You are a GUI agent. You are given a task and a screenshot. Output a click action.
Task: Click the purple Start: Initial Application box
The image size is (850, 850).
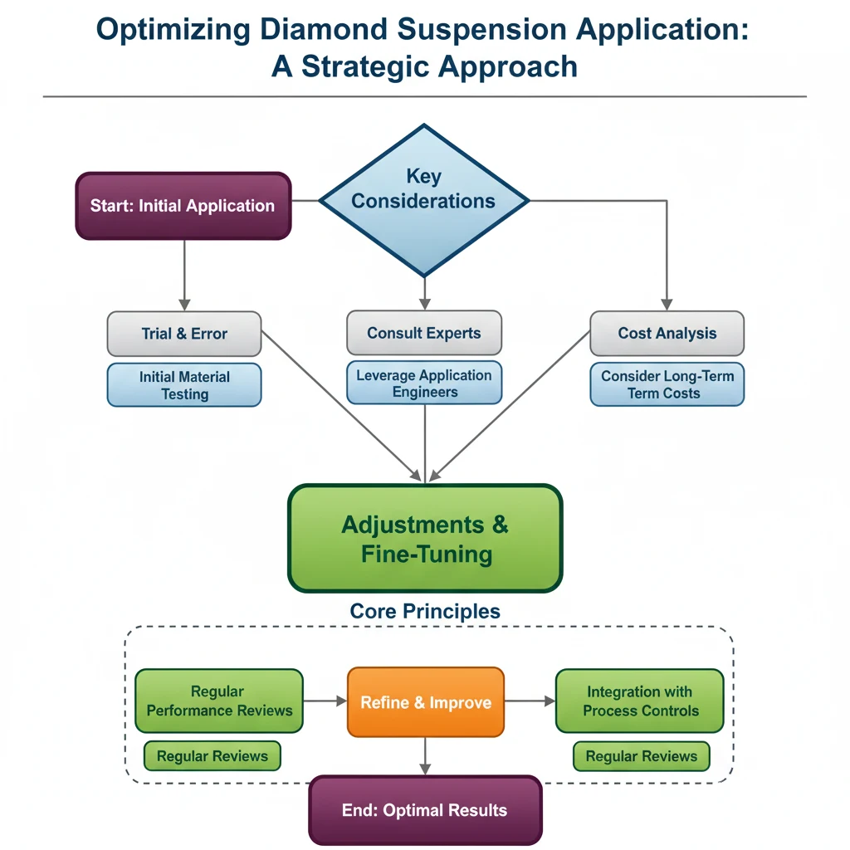183,206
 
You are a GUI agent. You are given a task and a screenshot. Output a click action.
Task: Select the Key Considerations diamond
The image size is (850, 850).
424,200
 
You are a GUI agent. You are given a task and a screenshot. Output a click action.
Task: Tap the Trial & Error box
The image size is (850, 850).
184,334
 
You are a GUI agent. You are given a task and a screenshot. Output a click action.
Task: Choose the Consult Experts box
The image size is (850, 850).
424,333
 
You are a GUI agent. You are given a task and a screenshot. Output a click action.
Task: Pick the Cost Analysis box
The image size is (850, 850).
667,334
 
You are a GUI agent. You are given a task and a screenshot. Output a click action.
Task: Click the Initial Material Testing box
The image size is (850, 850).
184,385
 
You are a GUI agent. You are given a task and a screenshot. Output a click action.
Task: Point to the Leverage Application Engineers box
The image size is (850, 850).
424,383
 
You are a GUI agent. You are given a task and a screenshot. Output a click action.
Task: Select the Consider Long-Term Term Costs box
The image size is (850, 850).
667,385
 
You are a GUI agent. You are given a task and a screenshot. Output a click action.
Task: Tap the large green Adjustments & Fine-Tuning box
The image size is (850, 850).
425,539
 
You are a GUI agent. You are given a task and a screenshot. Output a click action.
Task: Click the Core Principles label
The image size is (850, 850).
425,612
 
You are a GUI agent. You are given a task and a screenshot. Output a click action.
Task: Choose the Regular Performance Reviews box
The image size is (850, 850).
219,701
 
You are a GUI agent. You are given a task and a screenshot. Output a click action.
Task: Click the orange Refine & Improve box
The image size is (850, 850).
425,702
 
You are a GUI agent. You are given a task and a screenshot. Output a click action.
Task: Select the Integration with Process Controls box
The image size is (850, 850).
640,701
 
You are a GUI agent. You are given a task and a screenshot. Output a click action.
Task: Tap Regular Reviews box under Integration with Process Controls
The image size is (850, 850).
641,756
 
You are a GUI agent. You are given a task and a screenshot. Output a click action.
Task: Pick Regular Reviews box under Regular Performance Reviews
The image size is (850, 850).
212,756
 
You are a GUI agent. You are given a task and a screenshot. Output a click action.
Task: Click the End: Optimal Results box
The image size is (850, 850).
425,810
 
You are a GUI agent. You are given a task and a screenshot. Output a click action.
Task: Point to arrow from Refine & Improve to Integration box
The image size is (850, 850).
530,701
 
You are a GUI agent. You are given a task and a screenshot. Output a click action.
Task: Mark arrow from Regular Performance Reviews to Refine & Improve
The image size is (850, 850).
325,701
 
